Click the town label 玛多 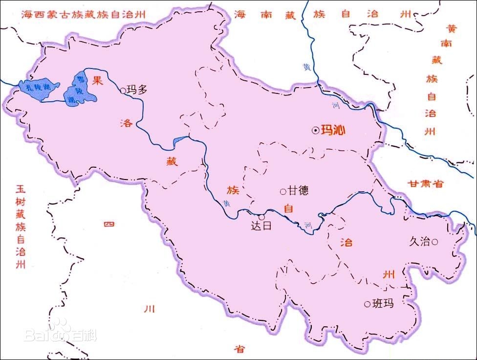pos(137,90)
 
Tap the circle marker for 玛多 pos(123,90)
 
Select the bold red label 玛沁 pos(333,131)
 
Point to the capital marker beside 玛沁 pos(316,131)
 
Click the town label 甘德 pos(299,191)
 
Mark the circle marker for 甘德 pos(282,191)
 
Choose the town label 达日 pos(260,226)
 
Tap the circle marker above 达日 pos(261,217)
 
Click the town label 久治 pos(420,241)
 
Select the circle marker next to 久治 pos(434,241)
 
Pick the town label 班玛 pos(383,304)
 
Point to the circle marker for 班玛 pos(367,304)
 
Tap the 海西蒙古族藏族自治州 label pos(84,14)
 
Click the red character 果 pos(98,82)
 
